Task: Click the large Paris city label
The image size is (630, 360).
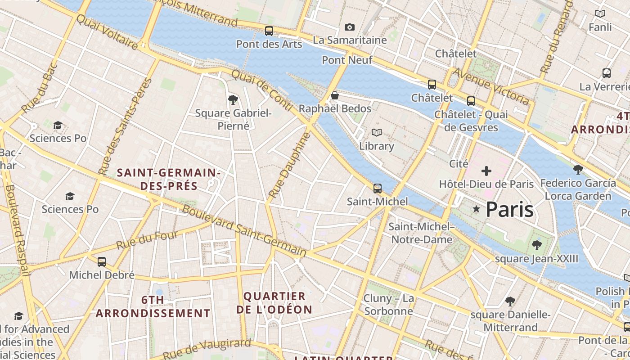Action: pos(509,210)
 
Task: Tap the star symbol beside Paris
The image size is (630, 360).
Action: pos(476,209)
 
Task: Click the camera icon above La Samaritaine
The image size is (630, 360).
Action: pos(349,27)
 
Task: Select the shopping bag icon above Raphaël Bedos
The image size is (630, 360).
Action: pos(334,95)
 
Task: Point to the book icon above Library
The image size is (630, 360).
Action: pos(376,132)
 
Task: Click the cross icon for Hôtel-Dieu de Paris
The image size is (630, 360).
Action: pos(486,171)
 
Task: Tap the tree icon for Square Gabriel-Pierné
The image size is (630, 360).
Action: pos(233,99)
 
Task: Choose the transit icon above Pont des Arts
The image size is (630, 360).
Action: pos(269,31)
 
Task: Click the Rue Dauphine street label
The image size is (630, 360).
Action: pos(289,165)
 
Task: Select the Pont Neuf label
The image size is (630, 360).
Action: pos(347,60)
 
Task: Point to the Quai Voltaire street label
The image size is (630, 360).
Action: pos(107,31)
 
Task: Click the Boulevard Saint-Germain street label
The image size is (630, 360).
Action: pos(244,232)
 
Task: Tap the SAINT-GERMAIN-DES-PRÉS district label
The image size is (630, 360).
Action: pos(168,179)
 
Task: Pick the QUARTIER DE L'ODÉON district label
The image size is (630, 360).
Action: pos(274,303)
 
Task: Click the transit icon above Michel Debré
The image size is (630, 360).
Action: pos(102,261)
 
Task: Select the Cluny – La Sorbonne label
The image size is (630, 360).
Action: pos(388,305)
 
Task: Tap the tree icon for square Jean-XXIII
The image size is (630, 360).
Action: pos(536,245)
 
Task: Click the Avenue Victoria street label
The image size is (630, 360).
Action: pos(490,86)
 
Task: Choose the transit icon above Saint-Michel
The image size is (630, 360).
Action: pos(377,188)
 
